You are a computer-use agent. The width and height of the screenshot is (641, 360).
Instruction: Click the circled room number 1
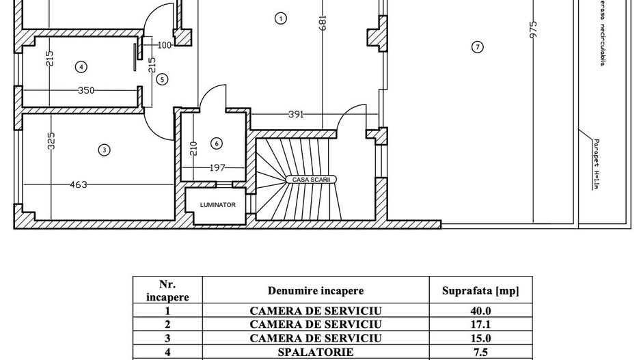281,18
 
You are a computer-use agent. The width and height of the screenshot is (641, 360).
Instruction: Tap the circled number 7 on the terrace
478,46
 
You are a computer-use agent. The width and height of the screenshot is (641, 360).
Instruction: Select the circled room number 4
81,66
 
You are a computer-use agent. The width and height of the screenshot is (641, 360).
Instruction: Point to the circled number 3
104,150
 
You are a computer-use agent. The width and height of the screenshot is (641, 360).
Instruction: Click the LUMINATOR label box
217,204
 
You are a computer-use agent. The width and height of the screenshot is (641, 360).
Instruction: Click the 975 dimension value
534,28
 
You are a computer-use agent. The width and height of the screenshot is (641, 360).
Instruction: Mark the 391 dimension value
295,114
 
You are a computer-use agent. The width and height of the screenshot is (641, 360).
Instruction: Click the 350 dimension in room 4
86,89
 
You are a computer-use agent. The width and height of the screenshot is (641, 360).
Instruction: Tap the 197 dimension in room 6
217,167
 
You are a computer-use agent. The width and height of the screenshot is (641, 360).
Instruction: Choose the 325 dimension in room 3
52,140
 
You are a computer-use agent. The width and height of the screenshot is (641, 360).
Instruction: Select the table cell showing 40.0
480,310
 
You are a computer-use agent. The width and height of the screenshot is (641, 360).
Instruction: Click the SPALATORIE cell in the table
315,352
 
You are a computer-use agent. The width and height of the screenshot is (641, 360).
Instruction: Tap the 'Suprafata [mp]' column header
480,291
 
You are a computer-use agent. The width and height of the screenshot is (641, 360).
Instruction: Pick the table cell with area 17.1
480,324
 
